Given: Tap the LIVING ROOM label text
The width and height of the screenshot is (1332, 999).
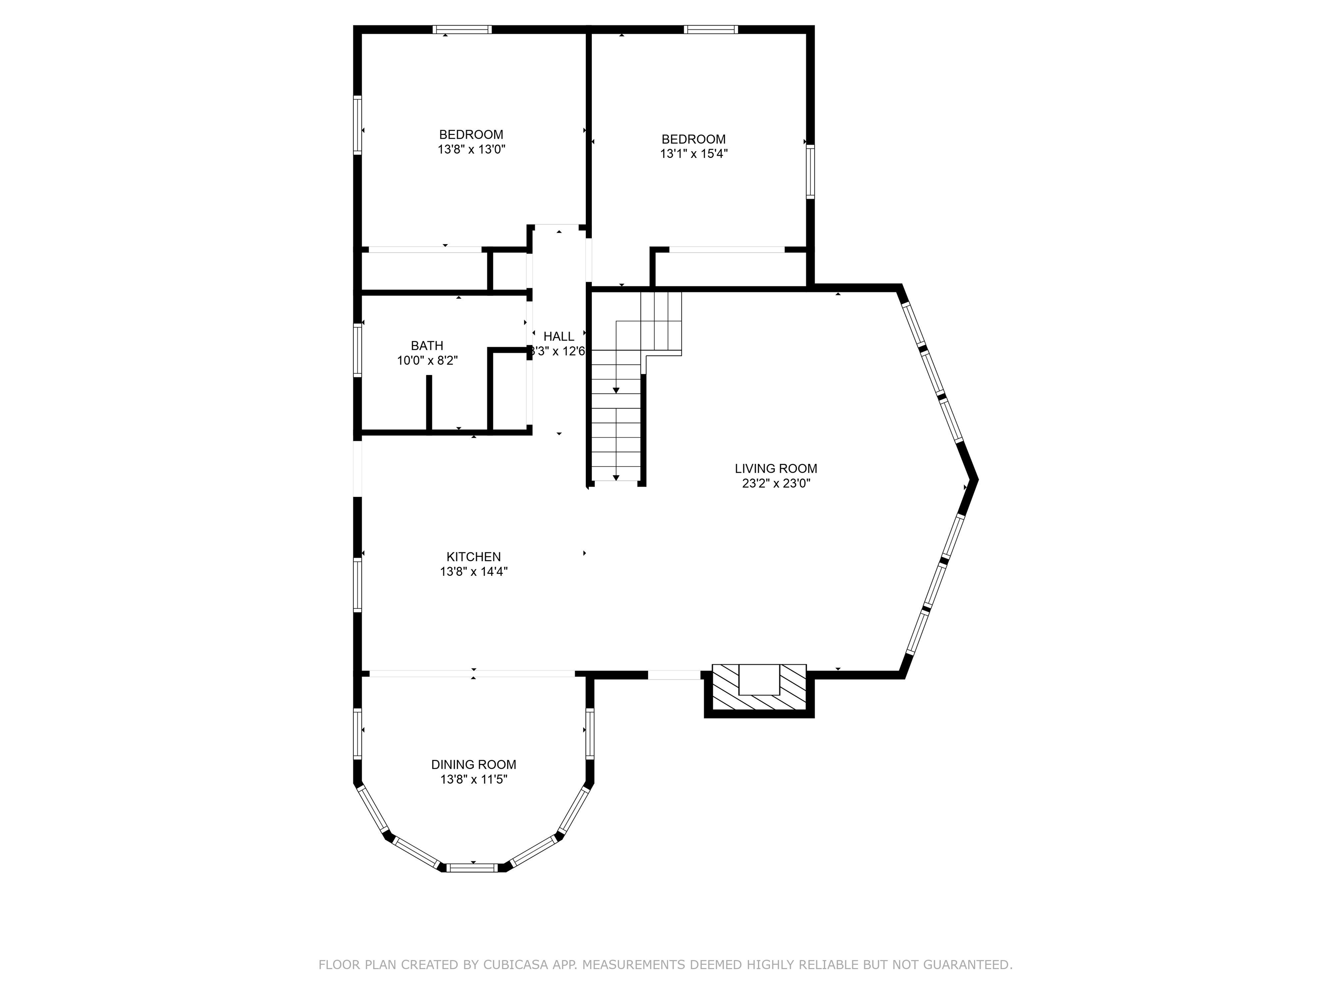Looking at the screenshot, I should (x=776, y=468).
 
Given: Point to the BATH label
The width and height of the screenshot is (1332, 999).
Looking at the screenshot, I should (x=427, y=346).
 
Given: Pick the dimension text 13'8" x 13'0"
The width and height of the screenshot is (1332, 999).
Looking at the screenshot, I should (x=471, y=149).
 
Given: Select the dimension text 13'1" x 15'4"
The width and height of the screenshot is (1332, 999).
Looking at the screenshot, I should (x=694, y=153).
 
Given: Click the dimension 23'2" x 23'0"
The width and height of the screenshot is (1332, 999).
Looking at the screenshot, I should (x=776, y=483).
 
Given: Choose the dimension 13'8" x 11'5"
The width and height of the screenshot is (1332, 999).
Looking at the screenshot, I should (x=473, y=780).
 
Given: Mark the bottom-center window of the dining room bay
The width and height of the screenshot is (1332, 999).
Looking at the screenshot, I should (x=473, y=868).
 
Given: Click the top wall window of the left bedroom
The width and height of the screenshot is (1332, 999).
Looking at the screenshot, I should (x=463, y=29).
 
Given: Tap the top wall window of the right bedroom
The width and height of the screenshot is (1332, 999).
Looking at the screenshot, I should (x=711, y=29).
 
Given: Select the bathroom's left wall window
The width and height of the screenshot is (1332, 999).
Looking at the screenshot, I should (x=358, y=350).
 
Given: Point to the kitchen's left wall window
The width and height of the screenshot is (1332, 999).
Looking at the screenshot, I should (x=358, y=585).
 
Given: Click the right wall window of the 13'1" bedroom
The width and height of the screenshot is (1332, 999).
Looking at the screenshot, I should (x=810, y=172).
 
